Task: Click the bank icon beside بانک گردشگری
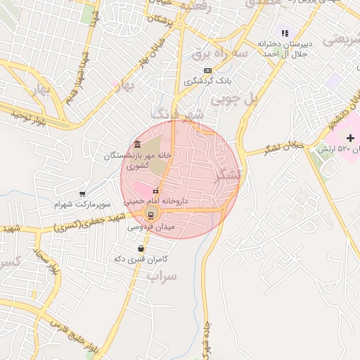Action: coord(207,70)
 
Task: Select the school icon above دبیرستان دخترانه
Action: coord(285,32)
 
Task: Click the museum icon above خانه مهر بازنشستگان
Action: coord(137,145)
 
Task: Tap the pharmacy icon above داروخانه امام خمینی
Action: coord(155,191)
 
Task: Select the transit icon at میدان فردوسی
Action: coord(150,215)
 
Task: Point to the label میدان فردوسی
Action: coord(150,227)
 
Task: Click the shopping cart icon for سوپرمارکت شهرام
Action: coord(84,194)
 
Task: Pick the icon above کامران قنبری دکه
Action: coord(141,248)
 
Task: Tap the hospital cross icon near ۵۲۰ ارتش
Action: coord(351,137)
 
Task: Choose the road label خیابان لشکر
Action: coord(283,148)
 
